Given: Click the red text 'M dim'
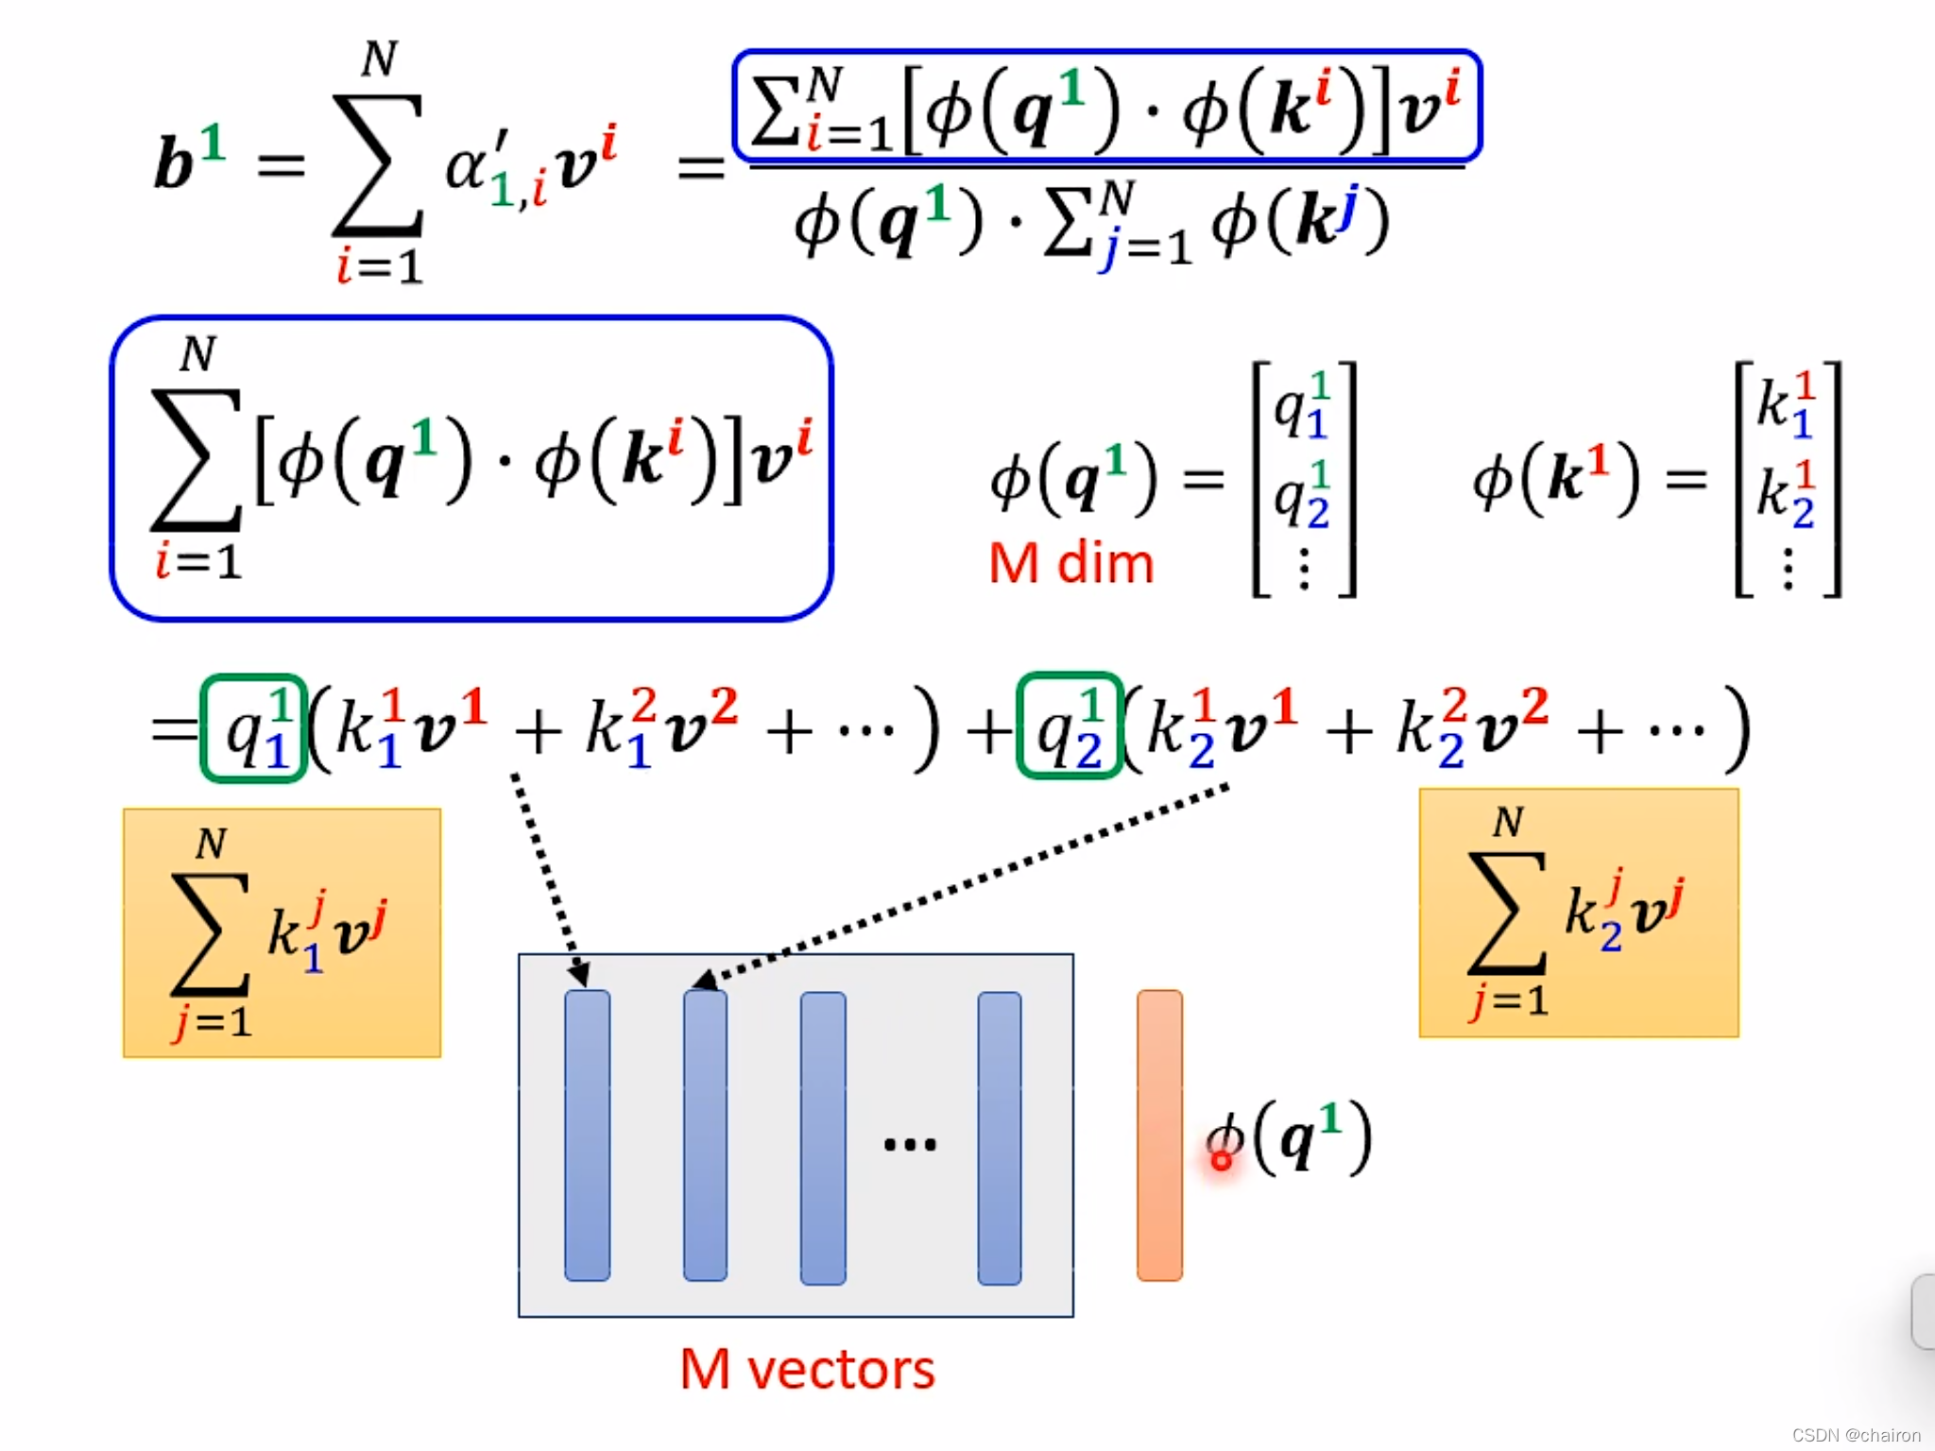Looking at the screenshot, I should click(x=1070, y=564).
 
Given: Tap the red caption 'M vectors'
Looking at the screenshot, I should click(x=807, y=1369).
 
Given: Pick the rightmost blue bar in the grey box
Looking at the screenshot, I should click(x=999, y=1137).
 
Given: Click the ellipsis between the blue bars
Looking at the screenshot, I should click(x=909, y=1145).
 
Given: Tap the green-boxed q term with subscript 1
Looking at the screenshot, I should click(x=253, y=728).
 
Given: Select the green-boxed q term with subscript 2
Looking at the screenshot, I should click(x=1069, y=726).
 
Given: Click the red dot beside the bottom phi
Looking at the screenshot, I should click(x=1221, y=1160).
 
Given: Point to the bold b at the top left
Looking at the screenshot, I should click(x=175, y=163).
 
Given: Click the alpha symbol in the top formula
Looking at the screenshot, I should click(x=466, y=167).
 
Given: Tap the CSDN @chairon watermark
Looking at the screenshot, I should click(x=1856, y=1435).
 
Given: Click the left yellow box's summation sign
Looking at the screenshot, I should click(x=210, y=933).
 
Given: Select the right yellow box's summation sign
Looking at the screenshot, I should click(x=1506, y=913).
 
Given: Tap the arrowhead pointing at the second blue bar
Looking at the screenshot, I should click(x=704, y=980).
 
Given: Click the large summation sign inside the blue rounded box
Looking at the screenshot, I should click(x=196, y=460).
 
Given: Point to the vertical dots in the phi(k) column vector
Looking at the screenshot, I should click(x=1788, y=569).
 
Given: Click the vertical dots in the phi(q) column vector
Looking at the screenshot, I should click(x=1304, y=569).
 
